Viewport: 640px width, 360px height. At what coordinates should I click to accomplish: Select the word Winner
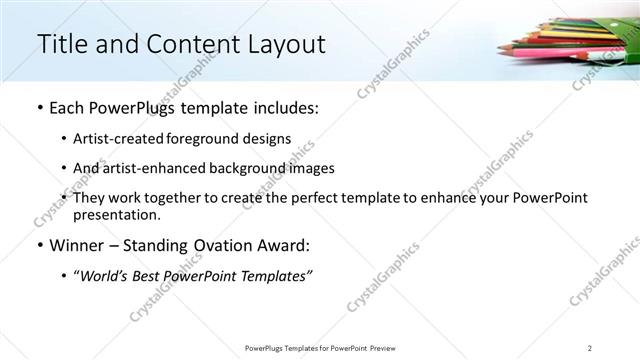pos(75,246)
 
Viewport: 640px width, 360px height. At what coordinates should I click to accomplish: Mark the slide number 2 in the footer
pos(590,348)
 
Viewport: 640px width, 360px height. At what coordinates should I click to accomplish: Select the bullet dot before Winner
pos(38,246)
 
